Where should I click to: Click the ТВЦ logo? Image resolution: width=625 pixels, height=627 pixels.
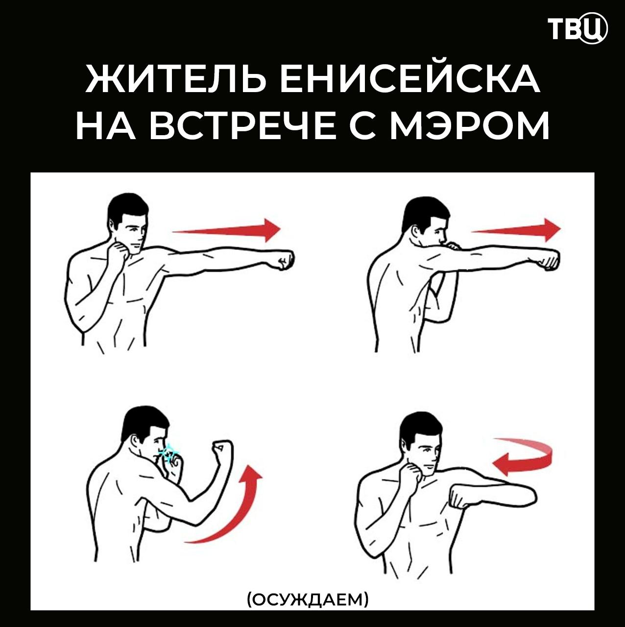(577, 29)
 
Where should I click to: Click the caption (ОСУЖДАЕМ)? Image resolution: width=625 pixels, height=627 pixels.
(308, 599)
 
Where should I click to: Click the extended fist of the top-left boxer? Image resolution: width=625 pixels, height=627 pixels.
(284, 260)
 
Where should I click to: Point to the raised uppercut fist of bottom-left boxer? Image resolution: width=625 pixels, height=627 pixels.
(222, 449)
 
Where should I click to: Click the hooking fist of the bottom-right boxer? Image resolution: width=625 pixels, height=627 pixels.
(460, 496)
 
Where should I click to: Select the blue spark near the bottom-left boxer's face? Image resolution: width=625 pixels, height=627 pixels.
(170, 454)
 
